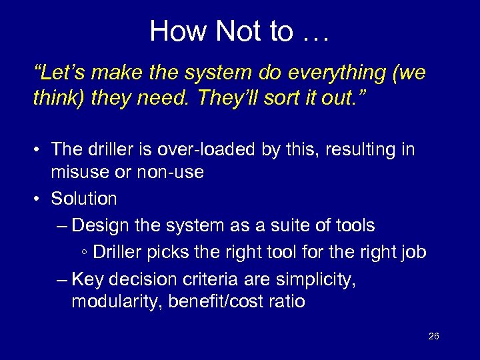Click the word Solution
[84, 198]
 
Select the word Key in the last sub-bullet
[87, 279]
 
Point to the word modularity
[115, 301]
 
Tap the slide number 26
[433, 336]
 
